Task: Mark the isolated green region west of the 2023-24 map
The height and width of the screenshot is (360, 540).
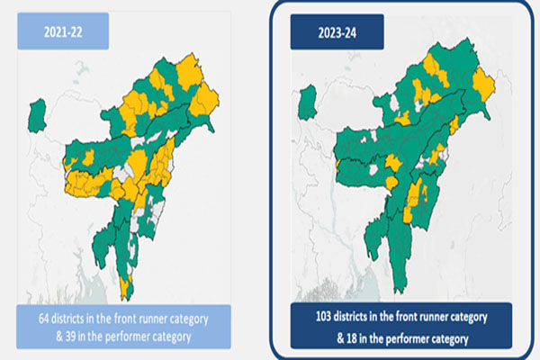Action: point(308,101)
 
